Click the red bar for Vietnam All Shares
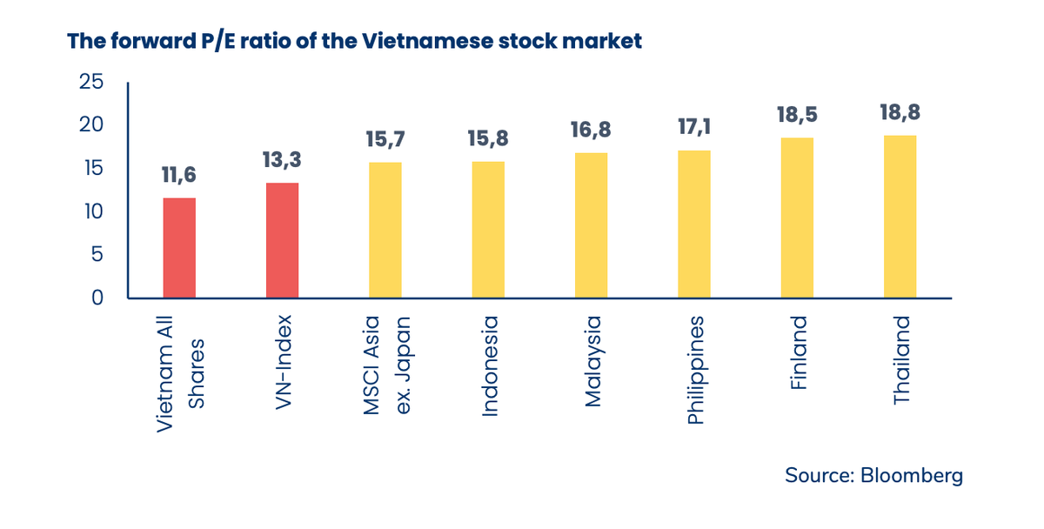(179, 248)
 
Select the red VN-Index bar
(282, 240)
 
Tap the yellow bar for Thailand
(900, 217)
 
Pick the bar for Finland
(797, 218)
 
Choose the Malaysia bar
(591, 225)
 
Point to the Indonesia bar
(488, 230)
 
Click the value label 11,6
(179, 175)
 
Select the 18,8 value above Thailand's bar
(900, 112)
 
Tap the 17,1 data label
(694, 127)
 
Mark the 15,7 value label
(385, 139)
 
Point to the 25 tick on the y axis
(91, 83)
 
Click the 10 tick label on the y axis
(91, 211)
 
